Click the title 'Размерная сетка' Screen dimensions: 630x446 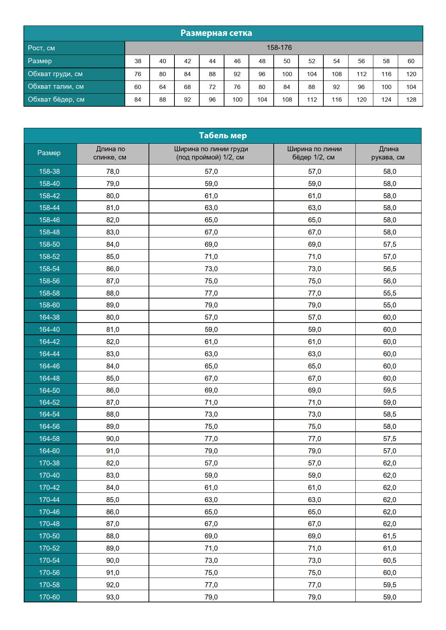point(216,33)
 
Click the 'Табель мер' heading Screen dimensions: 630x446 point(223,135)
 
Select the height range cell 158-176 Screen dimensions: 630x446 point(279,48)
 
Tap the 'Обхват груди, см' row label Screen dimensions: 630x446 point(55,74)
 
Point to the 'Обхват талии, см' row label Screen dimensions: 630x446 point(56,87)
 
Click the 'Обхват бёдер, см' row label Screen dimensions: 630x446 point(56,99)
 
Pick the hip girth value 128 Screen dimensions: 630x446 point(411,99)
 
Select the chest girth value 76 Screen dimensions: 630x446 point(138,74)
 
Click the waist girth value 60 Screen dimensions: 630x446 point(138,87)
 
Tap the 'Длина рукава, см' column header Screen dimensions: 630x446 point(388,153)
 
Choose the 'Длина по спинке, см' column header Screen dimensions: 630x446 point(110,153)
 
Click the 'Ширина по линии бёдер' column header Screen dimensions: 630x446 point(314,153)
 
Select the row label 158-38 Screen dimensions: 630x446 point(50,171)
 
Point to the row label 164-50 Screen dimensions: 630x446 point(50,390)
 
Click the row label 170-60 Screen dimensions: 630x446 point(50,597)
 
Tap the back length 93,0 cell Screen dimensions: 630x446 point(113,597)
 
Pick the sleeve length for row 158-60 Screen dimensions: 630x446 point(390,305)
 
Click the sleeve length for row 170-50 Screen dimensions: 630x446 point(390,536)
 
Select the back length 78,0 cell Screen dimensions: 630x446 point(113,171)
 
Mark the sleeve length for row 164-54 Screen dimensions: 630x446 point(390,414)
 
